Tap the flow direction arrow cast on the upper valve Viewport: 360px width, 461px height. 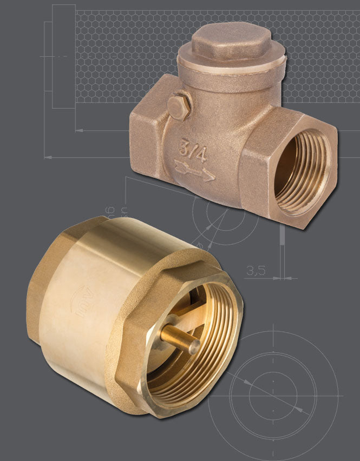pyautogui.click(x=195, y=172)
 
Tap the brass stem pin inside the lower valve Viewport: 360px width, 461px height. pyautogui.click(x=179, y=337)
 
